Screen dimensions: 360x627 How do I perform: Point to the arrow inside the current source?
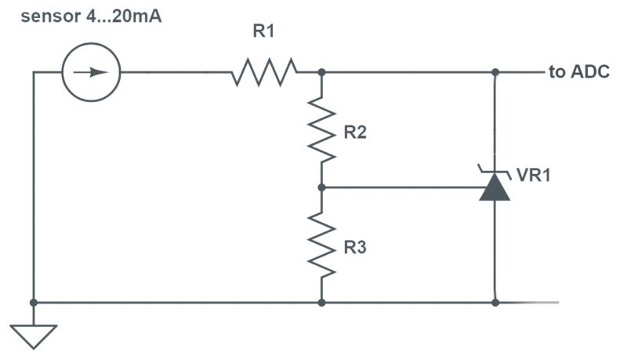tap(92, 72)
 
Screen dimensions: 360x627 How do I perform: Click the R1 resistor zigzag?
tap(264, 72)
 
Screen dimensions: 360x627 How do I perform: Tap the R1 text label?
tap(263, 33)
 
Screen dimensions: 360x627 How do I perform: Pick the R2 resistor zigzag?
tap(322, 129)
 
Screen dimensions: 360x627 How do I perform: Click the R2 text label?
tap(355, 133)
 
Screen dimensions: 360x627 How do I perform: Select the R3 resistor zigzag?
tap(322, 245)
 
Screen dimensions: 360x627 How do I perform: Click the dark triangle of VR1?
tap(495, 189)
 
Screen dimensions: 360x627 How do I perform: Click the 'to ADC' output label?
tap(579, 72)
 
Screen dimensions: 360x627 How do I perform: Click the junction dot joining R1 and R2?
tap(322, 72)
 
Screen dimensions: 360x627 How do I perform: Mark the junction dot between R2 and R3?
tap(322, 187)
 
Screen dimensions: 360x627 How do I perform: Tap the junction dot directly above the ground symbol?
tap(34, 302)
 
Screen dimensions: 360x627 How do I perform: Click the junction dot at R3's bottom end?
tap(322, 302)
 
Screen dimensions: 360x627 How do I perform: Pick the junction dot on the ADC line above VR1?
tap(495, 72)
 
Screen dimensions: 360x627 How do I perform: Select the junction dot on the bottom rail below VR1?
tap(495, 302)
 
